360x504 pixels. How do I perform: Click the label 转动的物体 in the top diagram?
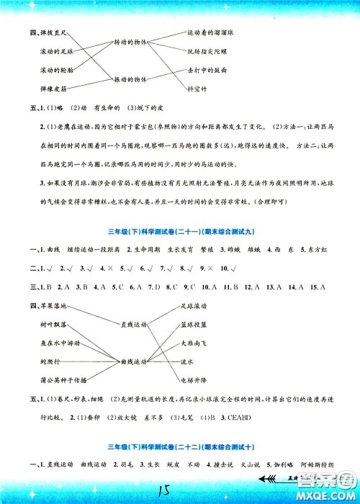click(128, 42)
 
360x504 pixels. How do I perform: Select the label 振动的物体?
click(128, 78)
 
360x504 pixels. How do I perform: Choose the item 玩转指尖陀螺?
click(208, 52)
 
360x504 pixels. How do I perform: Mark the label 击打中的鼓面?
click(207, 71)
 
